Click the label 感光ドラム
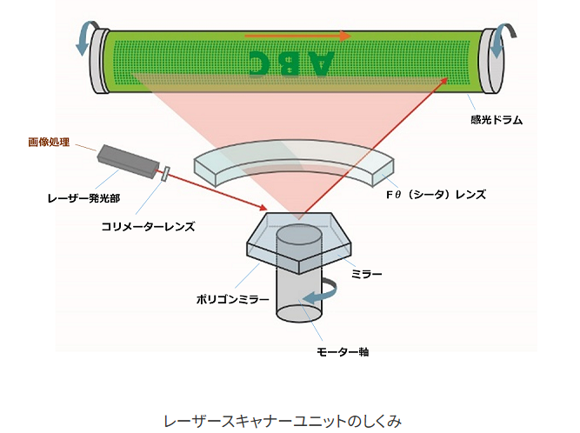click(x=497, y=120)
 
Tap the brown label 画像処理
click(x=49, y=143)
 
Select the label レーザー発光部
click(x=84, y=198)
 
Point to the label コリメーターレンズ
click(x=149, y=226)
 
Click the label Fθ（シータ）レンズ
click(x=436, y=195)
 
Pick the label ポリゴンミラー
click(x=233, y=299)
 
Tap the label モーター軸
click(x=343, y=351)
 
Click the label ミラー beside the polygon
click(x=366, y=274)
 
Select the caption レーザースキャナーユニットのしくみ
click(x=283, y=421)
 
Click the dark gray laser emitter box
click(x=128, y=161)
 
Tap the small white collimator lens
click(x=165, y=174)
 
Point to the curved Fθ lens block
click(x=294, y=162)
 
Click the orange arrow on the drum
click(x=297, y=36)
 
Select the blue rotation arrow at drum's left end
click(x=86, y=37)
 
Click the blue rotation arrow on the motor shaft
click(x=320, y=292)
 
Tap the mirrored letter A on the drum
click(x=319, y=63)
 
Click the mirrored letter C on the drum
click(x=262, y=63)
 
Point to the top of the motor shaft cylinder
click(x=299, y=235)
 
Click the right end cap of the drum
click(x=491, y=60)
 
